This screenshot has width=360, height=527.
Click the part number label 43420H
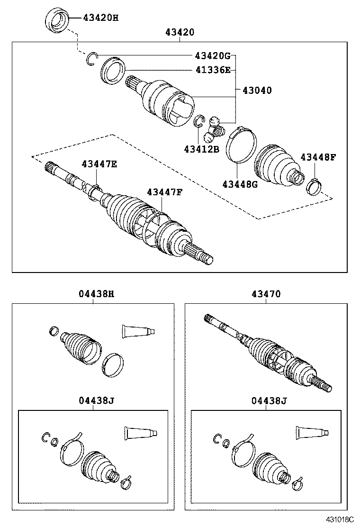(100, 18)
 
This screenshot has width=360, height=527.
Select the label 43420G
(212, 56)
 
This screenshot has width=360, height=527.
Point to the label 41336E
(212, 70)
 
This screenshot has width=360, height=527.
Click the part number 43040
(257, 90)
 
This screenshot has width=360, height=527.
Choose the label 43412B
(201, 149)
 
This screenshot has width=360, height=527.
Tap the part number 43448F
(317, 157)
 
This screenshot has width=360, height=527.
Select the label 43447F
(164, 192)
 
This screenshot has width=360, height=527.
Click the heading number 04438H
(96, 294)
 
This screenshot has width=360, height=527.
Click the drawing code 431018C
(339, 520)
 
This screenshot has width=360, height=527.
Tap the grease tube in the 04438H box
(138, 331)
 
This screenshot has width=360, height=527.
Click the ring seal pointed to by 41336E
(113, 70)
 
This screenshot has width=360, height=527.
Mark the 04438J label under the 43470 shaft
(269, 401)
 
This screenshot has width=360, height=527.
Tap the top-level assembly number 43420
(180, 33)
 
